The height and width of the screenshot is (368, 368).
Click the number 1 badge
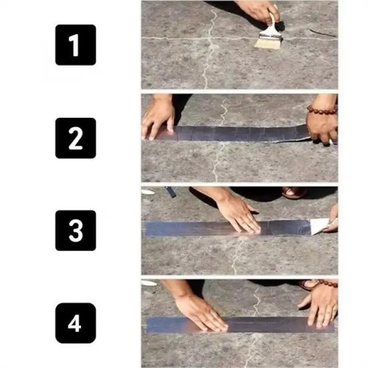[76, 45]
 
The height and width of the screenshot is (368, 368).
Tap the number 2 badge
[76, 138]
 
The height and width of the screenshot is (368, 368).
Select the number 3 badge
[76, 230]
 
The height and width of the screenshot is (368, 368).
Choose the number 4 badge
[76, 323]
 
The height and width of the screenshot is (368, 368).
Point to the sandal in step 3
[294, 192]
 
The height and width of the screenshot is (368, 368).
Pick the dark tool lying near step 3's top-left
[171, 192]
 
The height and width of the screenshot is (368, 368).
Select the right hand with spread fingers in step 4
[319, 305]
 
